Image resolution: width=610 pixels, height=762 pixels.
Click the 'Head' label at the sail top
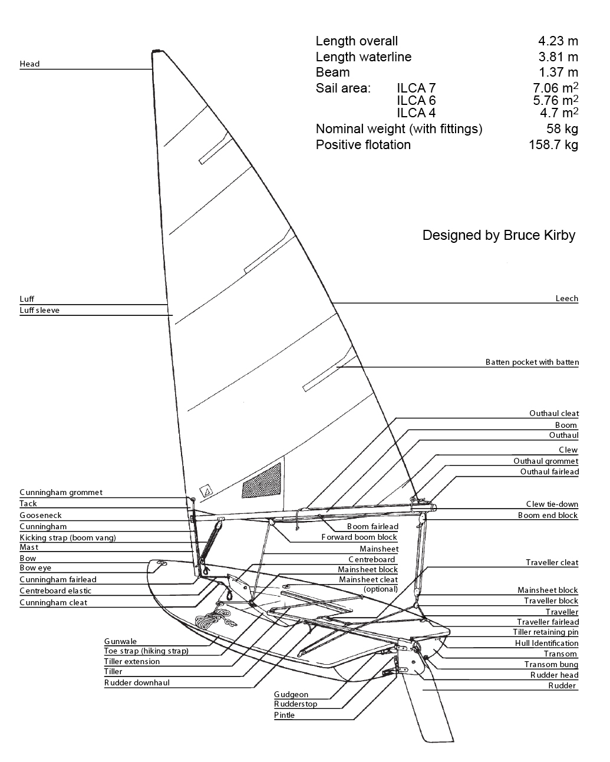(29, 64)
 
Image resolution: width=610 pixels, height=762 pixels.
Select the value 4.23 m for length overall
(558, 41)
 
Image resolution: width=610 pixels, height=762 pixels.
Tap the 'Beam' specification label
(332, 72)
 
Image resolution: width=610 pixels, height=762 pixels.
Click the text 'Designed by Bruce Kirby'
(499, 235)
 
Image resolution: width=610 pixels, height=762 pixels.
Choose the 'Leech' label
(566, 298)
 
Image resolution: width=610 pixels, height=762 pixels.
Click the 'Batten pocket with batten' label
(532, 362)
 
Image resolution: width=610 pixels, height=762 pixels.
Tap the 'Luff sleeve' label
(39, 310)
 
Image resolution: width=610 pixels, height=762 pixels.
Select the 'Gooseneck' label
(40, 515)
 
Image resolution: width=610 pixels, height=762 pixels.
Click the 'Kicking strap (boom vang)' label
(67, 537)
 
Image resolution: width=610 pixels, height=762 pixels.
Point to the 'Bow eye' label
(35, 568)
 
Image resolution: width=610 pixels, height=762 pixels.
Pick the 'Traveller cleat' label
(552, 562)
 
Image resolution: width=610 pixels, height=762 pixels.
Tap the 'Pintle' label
(284, 715)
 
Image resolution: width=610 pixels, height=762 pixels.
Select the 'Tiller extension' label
(131, 661)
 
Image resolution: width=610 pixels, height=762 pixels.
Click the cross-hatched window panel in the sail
(262, 480)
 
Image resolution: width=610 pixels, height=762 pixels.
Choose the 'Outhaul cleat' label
(553, 413)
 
